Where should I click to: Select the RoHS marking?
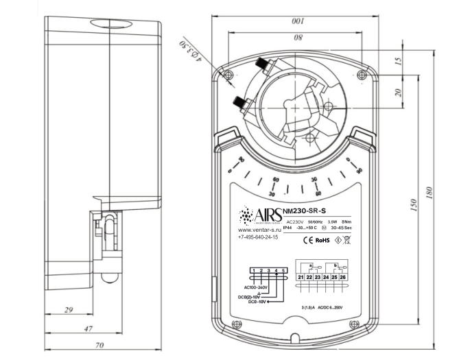pyautogui.click(x=323, y=241)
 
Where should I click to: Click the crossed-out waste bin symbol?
pyautogui.click(x=348, y=241)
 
